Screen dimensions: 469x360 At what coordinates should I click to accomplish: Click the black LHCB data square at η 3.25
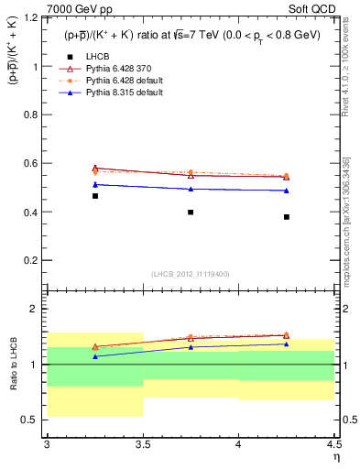tap(95, 196)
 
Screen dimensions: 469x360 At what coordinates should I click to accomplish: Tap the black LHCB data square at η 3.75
tap(191, 212)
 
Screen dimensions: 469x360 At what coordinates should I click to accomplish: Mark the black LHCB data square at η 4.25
tap(287, 217)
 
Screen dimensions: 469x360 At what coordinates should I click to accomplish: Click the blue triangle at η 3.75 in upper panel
tap(191, 189)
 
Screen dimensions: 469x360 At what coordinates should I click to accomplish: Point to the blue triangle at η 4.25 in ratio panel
tap(287, 344)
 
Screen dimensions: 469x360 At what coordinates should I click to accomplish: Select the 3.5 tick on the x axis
tap(143, 444)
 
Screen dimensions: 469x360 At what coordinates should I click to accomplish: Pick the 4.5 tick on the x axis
tap(333, 444)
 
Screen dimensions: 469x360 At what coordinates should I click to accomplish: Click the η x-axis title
tap(335, 457)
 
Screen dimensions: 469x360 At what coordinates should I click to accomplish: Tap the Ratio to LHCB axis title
tap(13, 365)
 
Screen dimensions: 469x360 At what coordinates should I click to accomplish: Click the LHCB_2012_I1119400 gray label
tap(191, 274)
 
